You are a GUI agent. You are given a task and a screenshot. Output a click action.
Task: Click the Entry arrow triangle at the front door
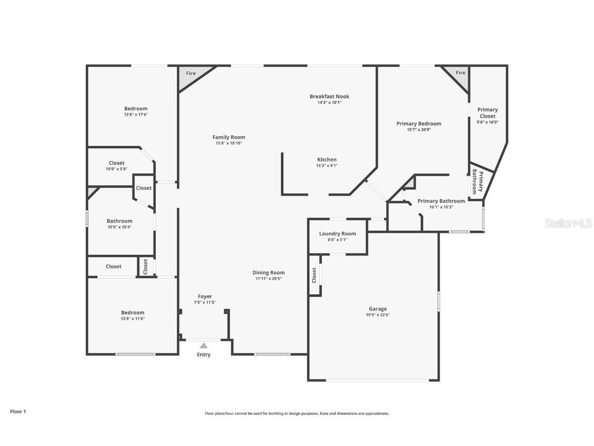(x=204, y=345)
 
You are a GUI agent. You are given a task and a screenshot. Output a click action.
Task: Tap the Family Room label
(x=228, y=137)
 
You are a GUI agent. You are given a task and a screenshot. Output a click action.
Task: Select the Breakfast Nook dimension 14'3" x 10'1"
(x=329, y=102)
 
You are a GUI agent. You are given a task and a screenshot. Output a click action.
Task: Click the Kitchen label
(x=327, y=160)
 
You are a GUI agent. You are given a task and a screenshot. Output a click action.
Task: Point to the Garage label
(x=377, y=309)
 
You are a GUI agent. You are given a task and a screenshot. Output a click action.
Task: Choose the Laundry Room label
(x=337, y=234)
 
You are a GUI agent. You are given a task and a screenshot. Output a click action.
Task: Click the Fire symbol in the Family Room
(x=190, y=74)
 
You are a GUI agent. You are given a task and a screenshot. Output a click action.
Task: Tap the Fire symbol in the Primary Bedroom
(x=460, y=73)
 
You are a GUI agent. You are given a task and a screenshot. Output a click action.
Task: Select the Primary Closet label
(x=487, y=113)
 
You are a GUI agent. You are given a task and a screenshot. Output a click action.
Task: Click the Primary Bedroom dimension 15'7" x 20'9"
(x=419, y=130)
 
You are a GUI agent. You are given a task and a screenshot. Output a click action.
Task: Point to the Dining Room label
(x=268, y=273)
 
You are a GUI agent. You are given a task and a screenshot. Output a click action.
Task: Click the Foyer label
(x=205, y=296)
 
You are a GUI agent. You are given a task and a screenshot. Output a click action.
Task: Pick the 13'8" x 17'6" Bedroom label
(x=136, y=108)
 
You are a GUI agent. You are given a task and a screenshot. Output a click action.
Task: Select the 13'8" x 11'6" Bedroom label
(x=133, y=312)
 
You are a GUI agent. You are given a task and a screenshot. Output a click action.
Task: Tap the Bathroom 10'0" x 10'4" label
(x=119, y=221)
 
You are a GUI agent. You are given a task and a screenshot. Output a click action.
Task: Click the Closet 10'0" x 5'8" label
(x=117, y=163)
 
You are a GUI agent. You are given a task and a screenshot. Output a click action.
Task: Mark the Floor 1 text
(x=18, y=411)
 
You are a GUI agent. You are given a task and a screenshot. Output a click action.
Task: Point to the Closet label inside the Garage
(x=314, y=275)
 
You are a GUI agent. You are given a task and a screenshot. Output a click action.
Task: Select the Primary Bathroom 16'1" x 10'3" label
(x=441, y=201)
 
